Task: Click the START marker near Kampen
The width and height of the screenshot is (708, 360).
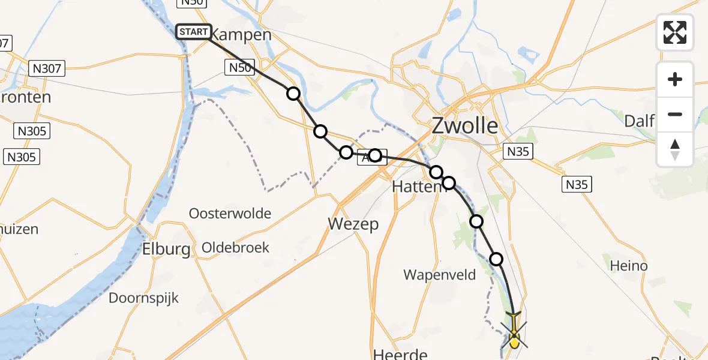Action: (x=193, y=32)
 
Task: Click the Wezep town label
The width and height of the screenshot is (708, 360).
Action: (x=353, y=224)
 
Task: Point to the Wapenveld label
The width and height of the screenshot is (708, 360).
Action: (x=440, y=275)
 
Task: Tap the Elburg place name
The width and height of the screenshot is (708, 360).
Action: (x=166, y=249)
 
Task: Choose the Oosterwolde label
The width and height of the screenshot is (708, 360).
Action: (x=230, y=214)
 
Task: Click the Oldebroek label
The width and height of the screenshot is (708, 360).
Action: (x=236, y=247)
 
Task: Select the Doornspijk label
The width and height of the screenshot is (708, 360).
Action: (x=143, y=298)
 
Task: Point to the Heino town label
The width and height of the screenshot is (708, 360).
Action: (x=628, y=265)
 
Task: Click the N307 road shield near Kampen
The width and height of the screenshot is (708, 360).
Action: (x=46, y=68)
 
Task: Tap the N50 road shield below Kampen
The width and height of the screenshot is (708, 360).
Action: (x=240, y=68)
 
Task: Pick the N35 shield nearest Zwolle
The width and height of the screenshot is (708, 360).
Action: (x=517, y=151)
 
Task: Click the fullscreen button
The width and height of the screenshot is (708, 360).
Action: (x=675, y=32)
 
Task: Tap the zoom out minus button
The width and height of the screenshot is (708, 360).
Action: (x=675, y=114)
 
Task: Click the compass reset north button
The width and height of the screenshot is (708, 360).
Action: (x=675, y=149)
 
